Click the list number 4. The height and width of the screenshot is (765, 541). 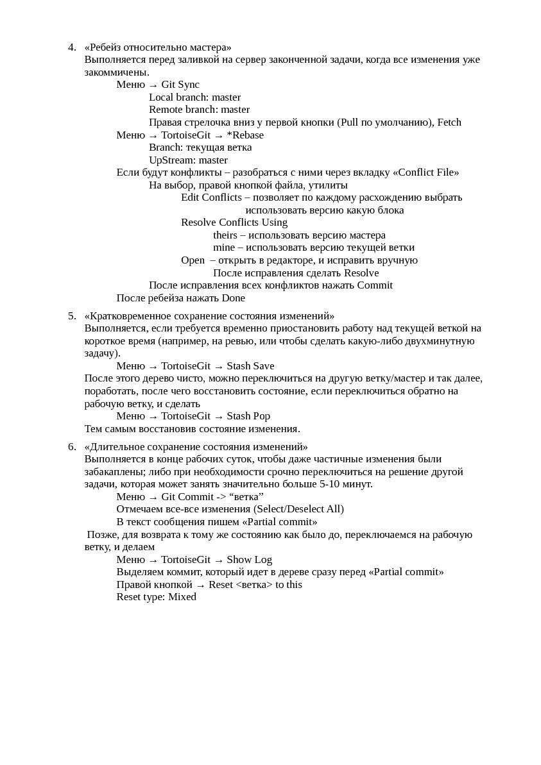click(x=71, y=47)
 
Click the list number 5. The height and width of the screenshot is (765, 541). click(x=71, y=316)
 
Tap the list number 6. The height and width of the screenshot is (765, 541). click(x=71, y=447)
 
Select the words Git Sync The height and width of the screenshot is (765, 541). click(x=180, y=85)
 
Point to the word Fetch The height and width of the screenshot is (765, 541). click(x=449, y=122)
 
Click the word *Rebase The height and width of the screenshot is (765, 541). click(x=245, y=135)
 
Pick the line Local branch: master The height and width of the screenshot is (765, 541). click(x=194, y=97)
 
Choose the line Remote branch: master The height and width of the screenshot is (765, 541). click(x=199, y=110)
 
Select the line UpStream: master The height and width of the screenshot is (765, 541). click(x=188, y=160)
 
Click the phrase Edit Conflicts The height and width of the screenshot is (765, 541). click(x=211, y=198)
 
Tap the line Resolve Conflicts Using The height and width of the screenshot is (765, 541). click(x=234, y=223)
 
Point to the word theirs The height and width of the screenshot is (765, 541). click(x=225, y=235)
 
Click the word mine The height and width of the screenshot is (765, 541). click(x=224, y=248)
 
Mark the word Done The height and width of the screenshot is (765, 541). click(x=234, y=298)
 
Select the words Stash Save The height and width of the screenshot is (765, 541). click(x=250, y=366)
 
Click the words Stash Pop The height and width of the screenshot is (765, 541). click(x=248, y=416)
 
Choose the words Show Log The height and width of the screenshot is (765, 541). click(x=249, y=560)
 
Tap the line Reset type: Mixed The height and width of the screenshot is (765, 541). click(x=157, y=597)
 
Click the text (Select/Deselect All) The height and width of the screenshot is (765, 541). click(x=298, y=509)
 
